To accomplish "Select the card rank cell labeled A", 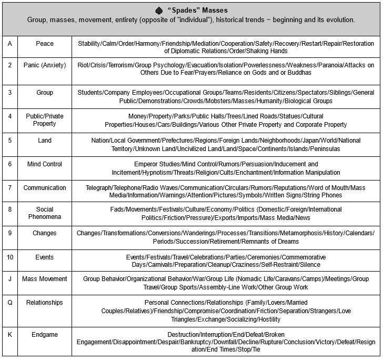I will pyautogui.click(x=9, y=44).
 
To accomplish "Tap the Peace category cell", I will pyautogui.click(x=45, y=44).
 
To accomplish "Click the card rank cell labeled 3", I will pyautogui.click(x=9, y=93).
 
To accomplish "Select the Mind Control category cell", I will pyautogui.click(x=45, y=164).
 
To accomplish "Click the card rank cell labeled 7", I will pyautogui.click(x=9, y=188).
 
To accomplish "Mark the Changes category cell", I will pyautogui.click(x=45, y=233).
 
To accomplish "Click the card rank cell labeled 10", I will pyautogui.click(x=9, y=257).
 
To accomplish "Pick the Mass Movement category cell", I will pyautogui.click(x=45, y=279).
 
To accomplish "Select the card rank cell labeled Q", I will pyautogui.click(x=9, y=303).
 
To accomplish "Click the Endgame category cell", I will pyautogui.click(x=45, y=334).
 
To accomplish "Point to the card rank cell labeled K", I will pyautogui.click(x=9, y=334).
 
